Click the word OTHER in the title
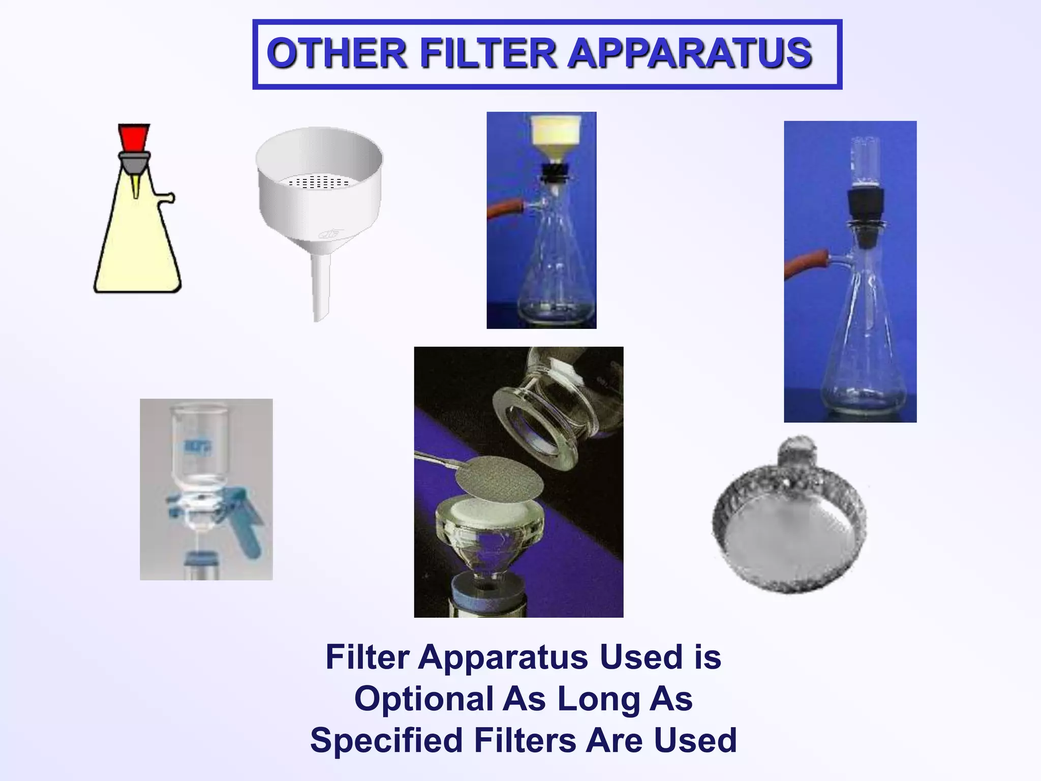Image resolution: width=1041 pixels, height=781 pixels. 336,53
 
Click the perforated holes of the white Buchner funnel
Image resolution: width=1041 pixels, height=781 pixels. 319,182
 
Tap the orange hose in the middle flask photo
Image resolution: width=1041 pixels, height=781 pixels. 503,209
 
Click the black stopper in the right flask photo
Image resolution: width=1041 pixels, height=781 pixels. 865,203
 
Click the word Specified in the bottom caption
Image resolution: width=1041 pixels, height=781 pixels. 387,740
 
